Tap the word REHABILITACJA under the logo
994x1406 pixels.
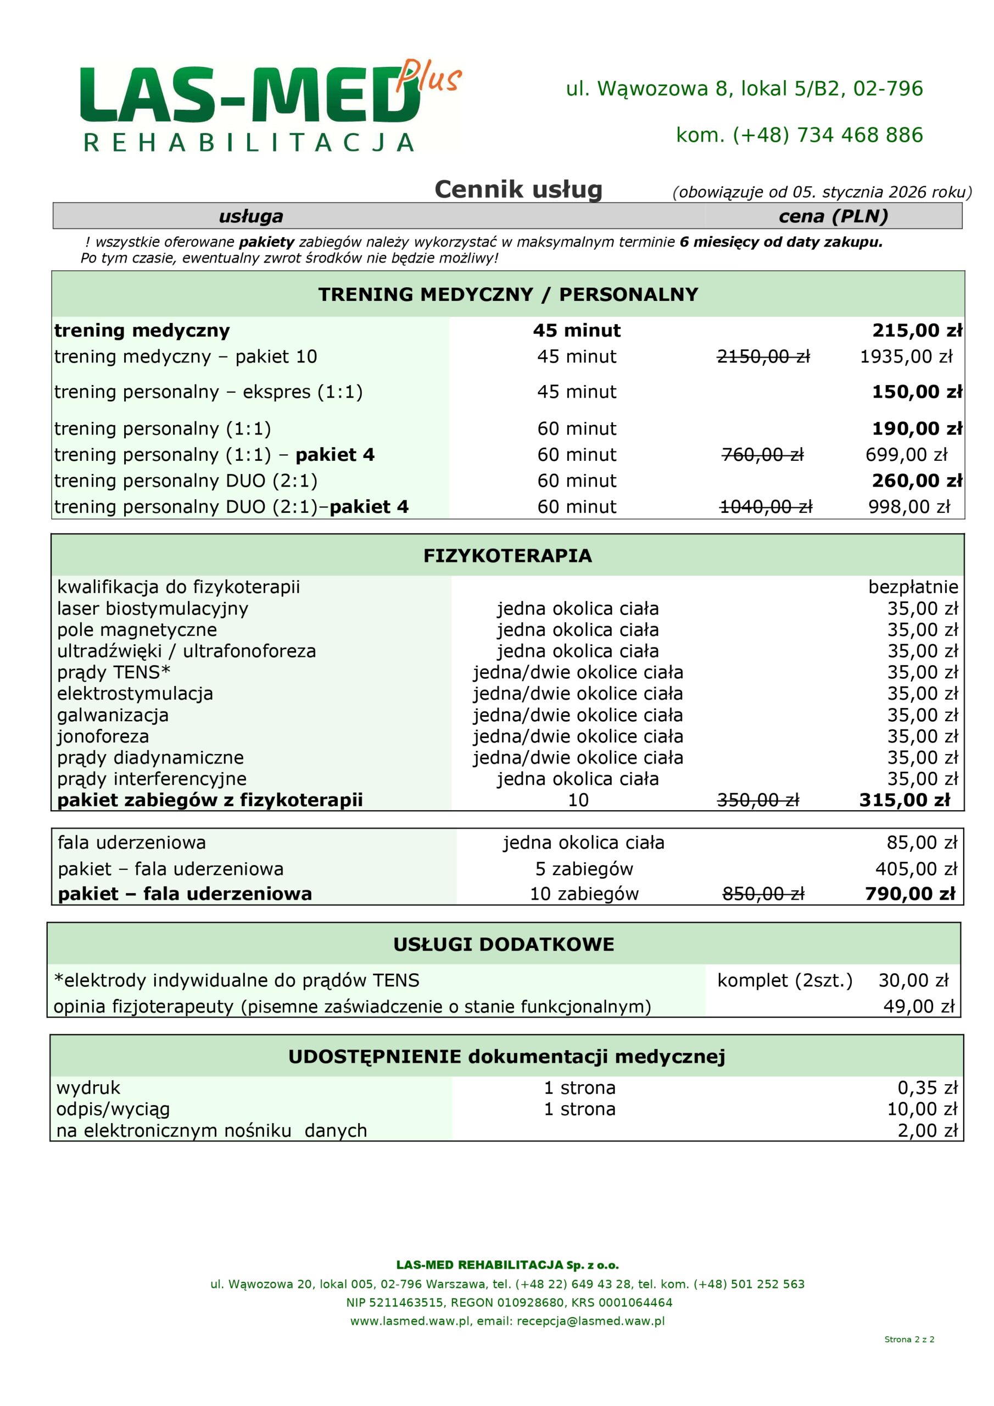click(x=249, y=143)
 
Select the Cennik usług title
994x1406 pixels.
click(x=518, y=189)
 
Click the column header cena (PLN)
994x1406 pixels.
click(x=833, y=216)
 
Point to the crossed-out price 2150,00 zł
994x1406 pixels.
click(x=763, y=356)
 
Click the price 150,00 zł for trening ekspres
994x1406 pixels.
click(x=916, y=392)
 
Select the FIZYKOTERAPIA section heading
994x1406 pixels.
click(x=508, y=555)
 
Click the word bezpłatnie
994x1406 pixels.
click(x=913, y=587)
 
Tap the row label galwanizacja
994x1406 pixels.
click(x=113, y=715)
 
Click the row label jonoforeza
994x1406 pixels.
click(x=103, y=736)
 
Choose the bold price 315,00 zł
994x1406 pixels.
click(x=904, y=800)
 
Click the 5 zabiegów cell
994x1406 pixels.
click(x=584, y=868)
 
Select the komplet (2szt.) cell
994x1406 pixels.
click(x=785, y=980)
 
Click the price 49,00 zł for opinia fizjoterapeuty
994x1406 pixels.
click(x=919, y=1006)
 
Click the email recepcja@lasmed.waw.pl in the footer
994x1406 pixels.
click(x=590, y=1321)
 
